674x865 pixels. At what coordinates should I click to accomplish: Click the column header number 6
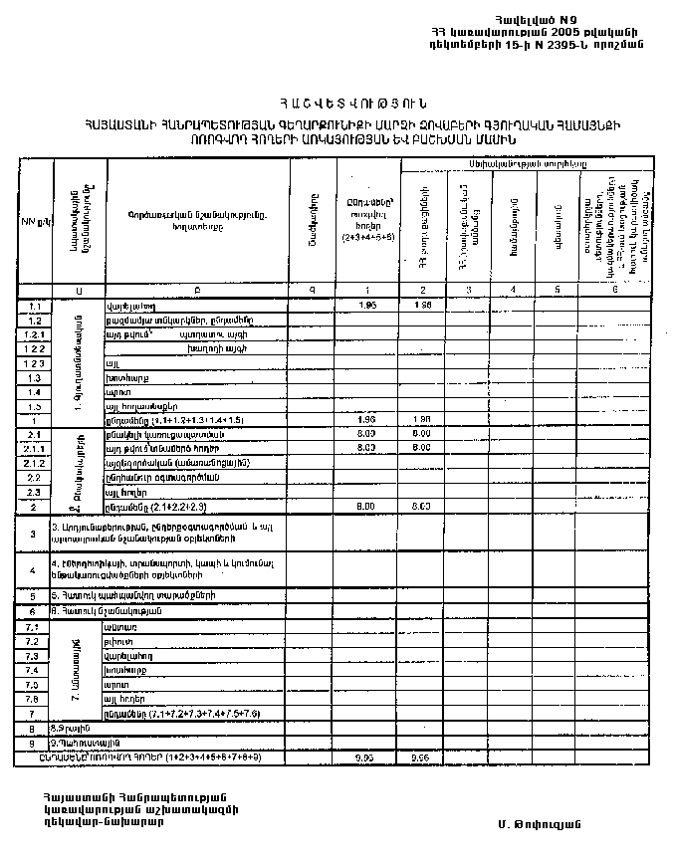pos(615,290)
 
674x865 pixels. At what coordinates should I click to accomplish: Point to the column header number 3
pos(464,290)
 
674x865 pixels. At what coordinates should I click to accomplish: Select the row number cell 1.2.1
pos(35,335)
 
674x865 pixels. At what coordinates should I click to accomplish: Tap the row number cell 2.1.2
pos(35,463)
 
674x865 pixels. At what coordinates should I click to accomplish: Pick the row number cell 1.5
pos(35,406)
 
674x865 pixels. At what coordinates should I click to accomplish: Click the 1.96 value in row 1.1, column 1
pos(366,305)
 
